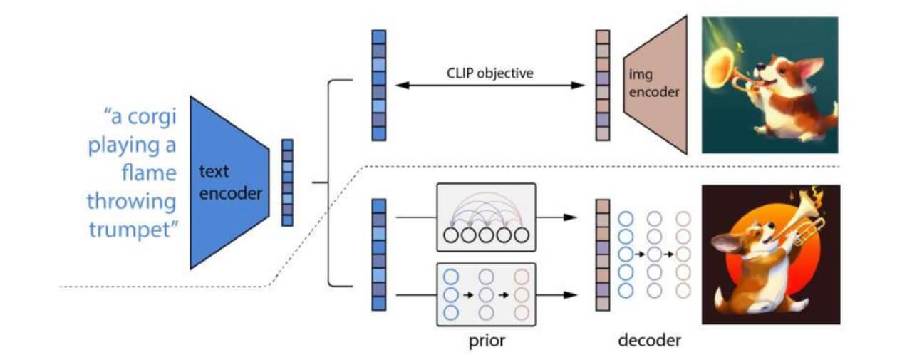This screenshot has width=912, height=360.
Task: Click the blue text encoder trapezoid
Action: click(x=228, y=182)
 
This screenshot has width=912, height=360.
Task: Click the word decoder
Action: click(x=648, y=340)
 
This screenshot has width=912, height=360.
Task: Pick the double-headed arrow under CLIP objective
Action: click(x=491, y=86)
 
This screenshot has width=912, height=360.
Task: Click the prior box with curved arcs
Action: click(x=485, y=217)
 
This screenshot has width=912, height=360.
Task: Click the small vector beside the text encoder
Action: click(x=287, y=182)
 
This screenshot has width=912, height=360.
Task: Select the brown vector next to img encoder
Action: click(x=603, y=85)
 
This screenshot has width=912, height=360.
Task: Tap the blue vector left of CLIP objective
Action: click(x=379, y=85)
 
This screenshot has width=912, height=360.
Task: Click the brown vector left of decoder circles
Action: click(x=603, y=254)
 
